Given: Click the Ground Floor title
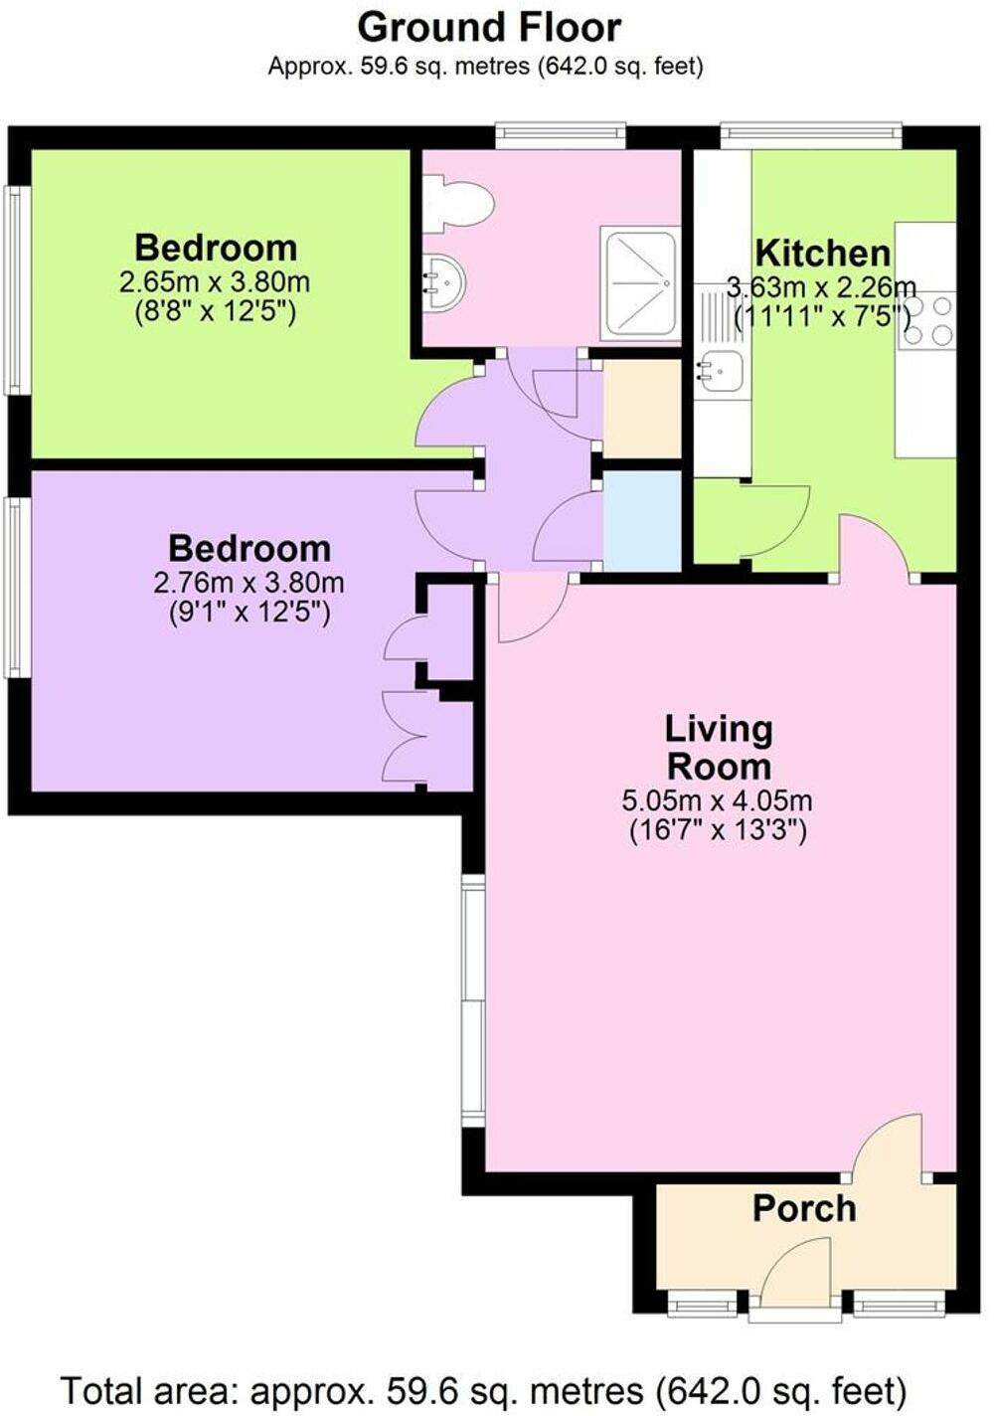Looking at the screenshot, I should coord(489,27).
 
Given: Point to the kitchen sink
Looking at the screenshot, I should coord(721,370).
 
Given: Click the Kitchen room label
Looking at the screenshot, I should coord(822,253).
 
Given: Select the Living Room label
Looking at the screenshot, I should coord(718,747).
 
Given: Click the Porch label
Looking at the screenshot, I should coord(804,1208).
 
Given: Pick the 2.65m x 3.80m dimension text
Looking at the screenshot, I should coord(215,282).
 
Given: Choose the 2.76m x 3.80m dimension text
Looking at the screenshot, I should coord(248,583).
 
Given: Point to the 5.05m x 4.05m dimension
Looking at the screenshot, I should coord(717,800).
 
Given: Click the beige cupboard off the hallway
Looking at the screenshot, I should coord(642,409).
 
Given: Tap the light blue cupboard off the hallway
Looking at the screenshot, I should coord(642,520).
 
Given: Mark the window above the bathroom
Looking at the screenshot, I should coord(561,135).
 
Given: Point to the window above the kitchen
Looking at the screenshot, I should coord(810,135).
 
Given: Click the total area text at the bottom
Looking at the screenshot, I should coord(484,1388).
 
